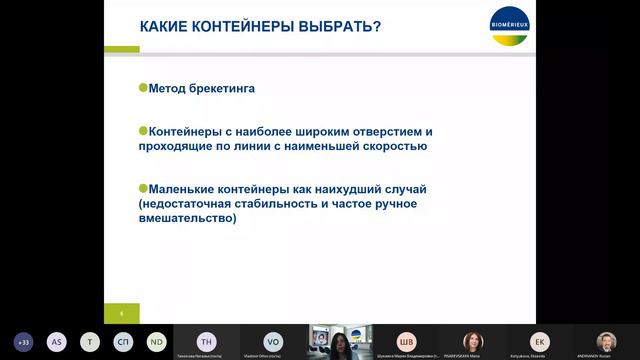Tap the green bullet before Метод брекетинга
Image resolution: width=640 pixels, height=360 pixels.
[143, 88]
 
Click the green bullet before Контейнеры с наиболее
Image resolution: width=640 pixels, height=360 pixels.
[143, 130]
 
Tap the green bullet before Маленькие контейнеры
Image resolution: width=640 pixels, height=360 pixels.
[143, 187]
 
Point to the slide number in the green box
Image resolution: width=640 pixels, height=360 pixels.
[121, 313]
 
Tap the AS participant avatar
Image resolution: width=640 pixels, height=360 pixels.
[57, 341]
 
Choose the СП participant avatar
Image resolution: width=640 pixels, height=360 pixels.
[123, 341]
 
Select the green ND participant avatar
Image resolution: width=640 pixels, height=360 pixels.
[156, 341]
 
